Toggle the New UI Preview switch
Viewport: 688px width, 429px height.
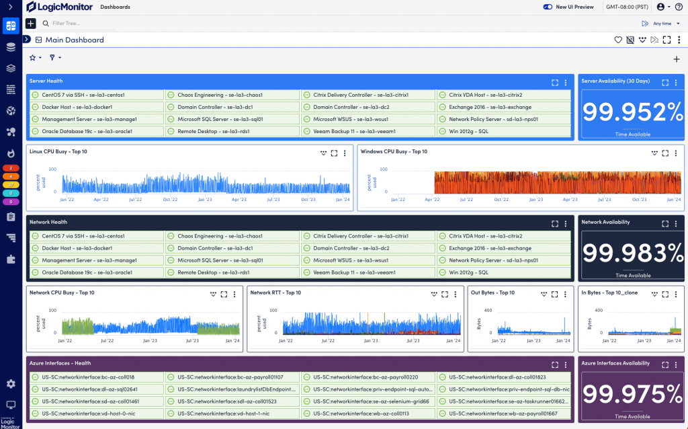547,7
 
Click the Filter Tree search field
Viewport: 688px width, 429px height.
81,24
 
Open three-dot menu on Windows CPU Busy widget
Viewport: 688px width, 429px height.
676,153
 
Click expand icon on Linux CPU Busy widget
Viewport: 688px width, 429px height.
335,153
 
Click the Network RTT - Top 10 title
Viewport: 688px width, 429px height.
275,292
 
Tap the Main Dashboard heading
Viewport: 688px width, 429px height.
75,40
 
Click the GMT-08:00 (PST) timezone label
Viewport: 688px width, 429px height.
626,7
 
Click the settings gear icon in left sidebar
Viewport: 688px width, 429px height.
10,384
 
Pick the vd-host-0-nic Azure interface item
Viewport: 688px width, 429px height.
71,414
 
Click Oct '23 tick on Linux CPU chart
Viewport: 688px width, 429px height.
308,200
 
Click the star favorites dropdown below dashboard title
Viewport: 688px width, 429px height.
35,58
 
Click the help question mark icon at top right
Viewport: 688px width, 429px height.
678,7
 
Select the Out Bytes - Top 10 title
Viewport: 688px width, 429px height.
492,292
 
